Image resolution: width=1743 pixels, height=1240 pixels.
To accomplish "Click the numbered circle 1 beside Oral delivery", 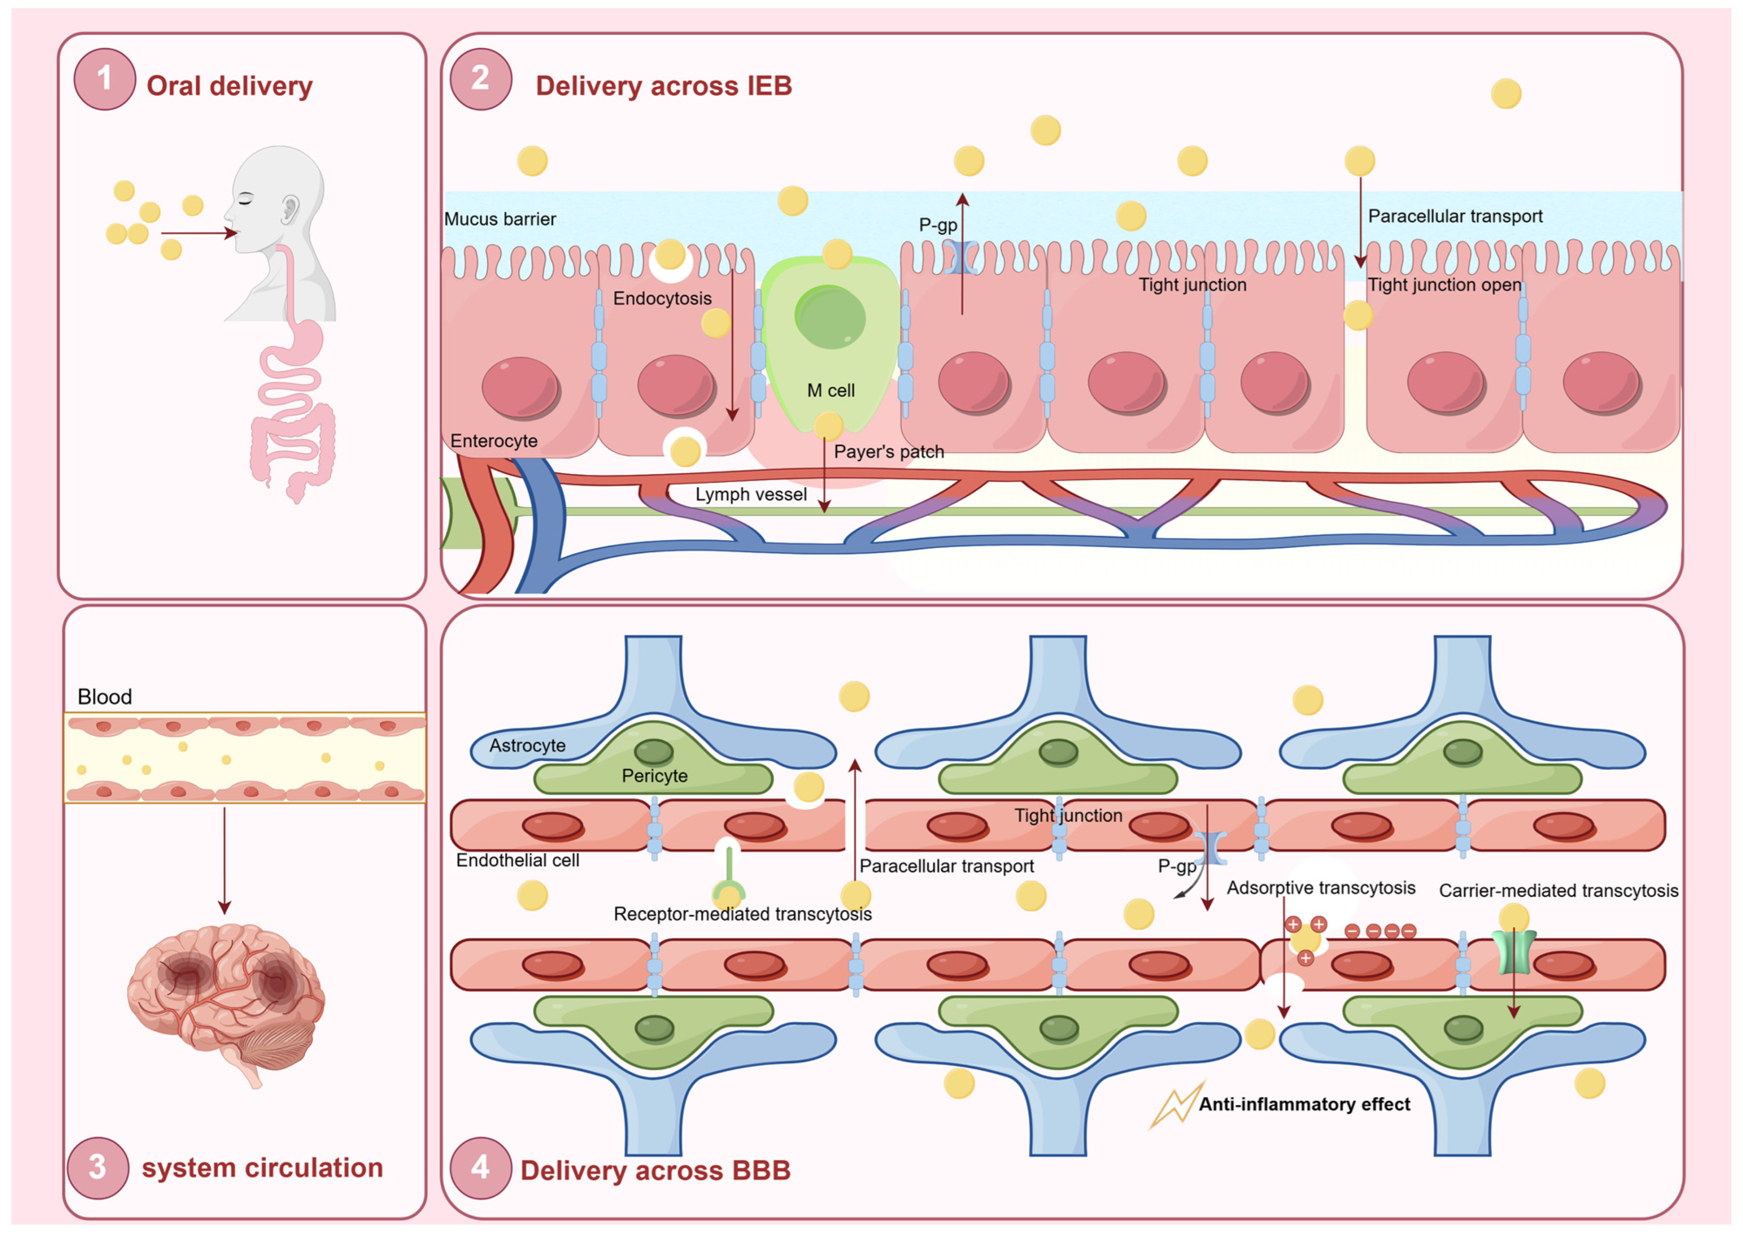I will click(105, 79).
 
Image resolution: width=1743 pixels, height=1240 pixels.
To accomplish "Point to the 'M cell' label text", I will click(830, 390).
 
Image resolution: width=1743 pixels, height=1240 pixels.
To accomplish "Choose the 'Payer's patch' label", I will click(888, 451).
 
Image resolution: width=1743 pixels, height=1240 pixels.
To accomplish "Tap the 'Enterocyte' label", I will click(494, 441).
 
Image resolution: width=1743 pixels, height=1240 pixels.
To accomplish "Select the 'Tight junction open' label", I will click(1443, 285).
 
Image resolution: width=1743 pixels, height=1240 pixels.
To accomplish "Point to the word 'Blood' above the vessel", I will click(105, 696).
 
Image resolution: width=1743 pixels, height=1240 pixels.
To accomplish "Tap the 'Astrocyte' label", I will click(527, 745).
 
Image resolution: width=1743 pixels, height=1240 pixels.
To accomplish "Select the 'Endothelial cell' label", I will click(517, 860).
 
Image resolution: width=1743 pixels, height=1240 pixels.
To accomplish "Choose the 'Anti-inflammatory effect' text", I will click(1304, 1104).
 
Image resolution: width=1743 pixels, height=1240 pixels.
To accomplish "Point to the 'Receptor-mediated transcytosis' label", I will click(742, 914).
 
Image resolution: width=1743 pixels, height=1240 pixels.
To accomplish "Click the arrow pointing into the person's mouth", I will click(198, 233).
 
